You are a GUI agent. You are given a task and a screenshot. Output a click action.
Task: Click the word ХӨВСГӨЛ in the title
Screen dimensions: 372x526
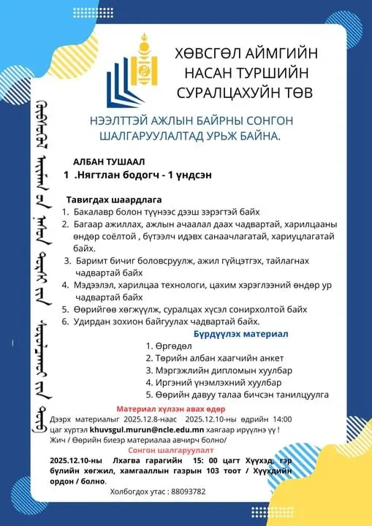pos(203,56)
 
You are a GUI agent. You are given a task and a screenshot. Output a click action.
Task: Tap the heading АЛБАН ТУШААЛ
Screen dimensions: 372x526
pos(109,161)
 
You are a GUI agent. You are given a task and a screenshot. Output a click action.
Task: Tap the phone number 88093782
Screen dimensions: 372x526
pos(187,492)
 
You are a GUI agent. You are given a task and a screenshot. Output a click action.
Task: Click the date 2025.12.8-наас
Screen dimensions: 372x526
pos(149,419)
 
